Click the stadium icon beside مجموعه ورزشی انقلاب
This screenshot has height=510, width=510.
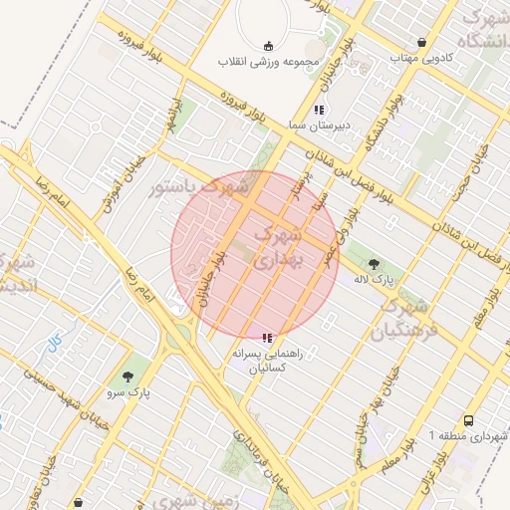click(x=267, y=46)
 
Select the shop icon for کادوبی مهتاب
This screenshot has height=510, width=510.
click(x=423, y=43)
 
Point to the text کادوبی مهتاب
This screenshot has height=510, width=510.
click(x=422, y=58)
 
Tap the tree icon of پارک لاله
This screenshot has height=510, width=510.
click(x=374, y=264)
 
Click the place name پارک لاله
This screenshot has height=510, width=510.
click(x=376, y=280)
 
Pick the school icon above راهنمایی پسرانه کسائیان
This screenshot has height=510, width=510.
click(x=266, y=338)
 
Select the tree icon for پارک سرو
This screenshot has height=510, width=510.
click(x=127, y=378)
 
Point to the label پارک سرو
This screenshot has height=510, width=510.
click(x=130, y=393)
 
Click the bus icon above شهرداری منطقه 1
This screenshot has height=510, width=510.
click(x=468, y=421)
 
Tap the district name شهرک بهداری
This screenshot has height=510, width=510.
click(x=278, y=250)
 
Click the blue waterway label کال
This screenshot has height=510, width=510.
click(x=54, y=342)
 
